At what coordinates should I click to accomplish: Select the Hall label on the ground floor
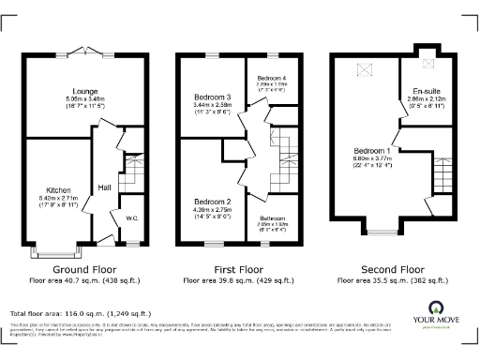tap(104, 187)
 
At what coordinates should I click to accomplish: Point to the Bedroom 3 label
tap(212, 97)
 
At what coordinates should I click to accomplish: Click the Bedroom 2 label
tap(212, 202)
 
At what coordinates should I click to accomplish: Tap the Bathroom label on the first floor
tap(274, 219)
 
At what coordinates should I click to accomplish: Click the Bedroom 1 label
tap(373, 150)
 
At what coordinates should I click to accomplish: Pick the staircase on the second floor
tap(443, 176)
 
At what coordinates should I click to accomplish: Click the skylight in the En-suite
tap(428, 64)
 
